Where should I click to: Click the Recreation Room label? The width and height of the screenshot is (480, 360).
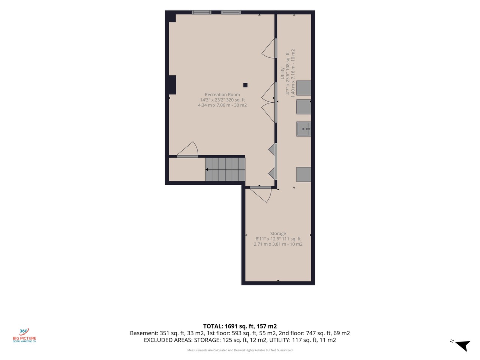(x=222, y=94)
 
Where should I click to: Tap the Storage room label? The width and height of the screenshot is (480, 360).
(x=278, y=234)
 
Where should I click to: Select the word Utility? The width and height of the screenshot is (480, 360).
(x=282, y=73)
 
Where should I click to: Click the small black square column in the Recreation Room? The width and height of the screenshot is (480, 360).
(x=245, y=85)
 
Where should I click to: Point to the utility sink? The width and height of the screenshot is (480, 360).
(x=303, y=129)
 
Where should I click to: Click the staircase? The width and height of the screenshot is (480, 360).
(x=225, y=169)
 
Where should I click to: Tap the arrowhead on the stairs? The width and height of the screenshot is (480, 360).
(x=207, y=169)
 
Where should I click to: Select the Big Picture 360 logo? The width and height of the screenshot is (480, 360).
(x=24, y=335)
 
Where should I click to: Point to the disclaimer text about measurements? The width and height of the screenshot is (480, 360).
(x=240, y=350)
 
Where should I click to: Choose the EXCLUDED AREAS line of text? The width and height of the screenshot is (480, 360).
(x=240, y=340)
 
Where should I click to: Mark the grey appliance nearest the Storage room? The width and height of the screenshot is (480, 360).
(x=303, y=174)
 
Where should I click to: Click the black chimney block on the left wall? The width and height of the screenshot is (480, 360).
(x=172, y=85)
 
